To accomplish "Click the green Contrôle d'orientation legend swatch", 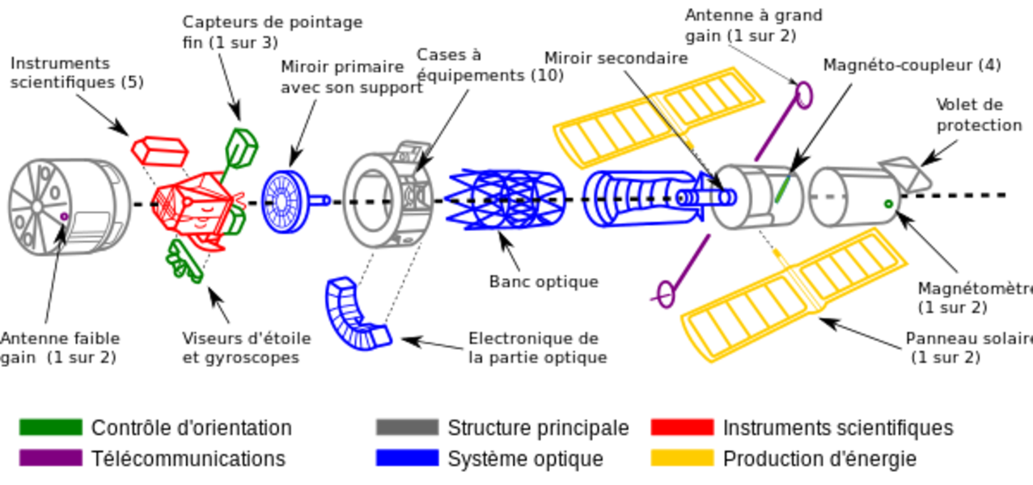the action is point(51,428).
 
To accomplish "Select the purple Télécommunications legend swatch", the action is point(51,458).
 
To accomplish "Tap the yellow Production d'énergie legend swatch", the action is point(683,458).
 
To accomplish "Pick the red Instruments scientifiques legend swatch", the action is point(683,428).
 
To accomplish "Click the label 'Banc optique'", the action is point(544,281).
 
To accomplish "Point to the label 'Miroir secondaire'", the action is point(616,58).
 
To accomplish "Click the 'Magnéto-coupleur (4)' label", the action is point(912,65).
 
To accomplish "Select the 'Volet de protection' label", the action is point(979,115).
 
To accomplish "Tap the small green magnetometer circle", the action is point(888,204).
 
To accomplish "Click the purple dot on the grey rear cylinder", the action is point(64,216).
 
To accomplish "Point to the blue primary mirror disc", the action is point(285,201).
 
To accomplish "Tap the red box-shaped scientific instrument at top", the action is point(159,151).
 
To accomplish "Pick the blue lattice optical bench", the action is point(506,199).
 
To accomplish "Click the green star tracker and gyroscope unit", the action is point(184,262).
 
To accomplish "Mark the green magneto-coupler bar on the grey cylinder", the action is point(782,188).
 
